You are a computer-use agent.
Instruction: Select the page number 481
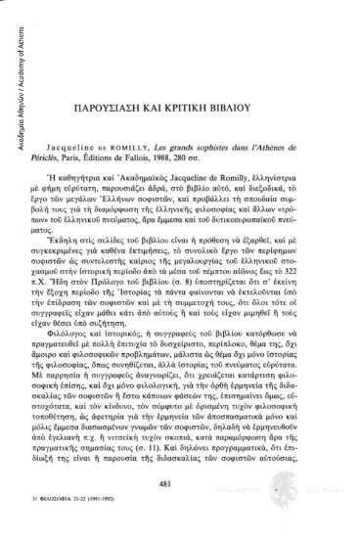(178, 487)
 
